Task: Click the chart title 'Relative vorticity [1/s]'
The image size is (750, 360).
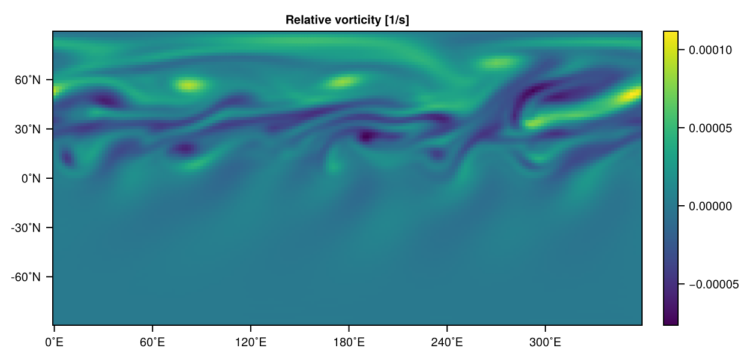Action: [x=347, y=20]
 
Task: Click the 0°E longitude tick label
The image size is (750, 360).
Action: [x=54, y=343]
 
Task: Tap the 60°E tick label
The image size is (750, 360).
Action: [x=152, y=343]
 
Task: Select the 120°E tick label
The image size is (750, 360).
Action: [x=250, y=343]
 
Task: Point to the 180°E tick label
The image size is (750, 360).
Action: [x=349, y=343]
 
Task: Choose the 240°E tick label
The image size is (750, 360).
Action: [x=447, y=343]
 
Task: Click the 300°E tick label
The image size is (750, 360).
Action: [x=545, y=343]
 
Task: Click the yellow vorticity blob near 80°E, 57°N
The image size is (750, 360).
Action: [x=188, y=85]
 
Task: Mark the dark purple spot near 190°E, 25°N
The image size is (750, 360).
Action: [x=367, y=136]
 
